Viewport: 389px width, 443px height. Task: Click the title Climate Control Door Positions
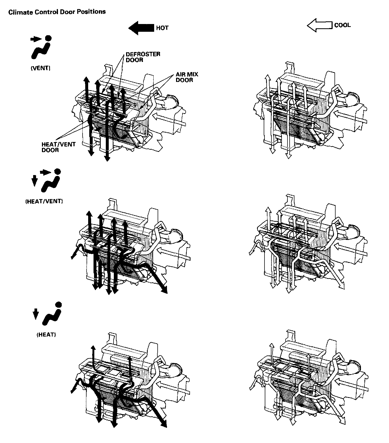57,12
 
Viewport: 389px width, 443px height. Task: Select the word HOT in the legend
162,28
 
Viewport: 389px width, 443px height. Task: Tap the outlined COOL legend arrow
320,25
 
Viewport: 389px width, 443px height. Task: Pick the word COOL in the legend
342,25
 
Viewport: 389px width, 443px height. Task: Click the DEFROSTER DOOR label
143,57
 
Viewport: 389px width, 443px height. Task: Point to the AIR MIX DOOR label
187,77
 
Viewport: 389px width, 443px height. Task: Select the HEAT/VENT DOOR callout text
59,147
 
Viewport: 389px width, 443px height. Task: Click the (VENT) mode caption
41,68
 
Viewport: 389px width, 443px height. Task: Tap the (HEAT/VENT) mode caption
44,201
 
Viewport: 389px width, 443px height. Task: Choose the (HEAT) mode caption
46,335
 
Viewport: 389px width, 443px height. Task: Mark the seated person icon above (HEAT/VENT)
51,181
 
